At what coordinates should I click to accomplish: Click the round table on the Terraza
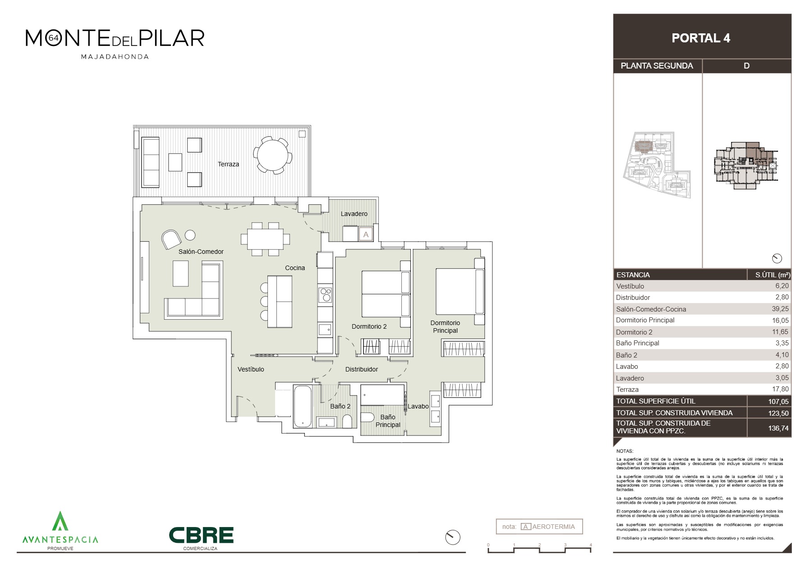point(272,156)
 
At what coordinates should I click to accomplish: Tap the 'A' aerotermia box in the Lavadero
point(366,234)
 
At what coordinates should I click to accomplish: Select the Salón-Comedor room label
point(201,252)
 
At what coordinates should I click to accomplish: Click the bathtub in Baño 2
point(302,406)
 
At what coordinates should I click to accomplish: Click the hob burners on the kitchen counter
point(325,295)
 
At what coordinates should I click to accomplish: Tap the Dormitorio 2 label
point(369,326)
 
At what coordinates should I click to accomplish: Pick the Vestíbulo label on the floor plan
point(251,369)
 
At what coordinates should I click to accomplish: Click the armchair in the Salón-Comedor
point(171,239)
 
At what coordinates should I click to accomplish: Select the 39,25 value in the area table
point(780,309)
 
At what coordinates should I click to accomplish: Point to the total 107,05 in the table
point(779,401)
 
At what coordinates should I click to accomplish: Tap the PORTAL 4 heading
point(701,38)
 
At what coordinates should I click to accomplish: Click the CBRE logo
point(201,535)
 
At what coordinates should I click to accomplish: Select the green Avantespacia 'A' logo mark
point(60,521)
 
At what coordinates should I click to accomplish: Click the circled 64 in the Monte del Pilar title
point(53,38)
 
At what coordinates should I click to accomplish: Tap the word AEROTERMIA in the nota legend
point(554,527)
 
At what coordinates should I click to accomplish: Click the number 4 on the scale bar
point(591,545)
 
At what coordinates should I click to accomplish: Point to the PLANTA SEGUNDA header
point(657,66)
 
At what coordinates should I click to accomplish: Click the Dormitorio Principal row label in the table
point(645,320)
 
